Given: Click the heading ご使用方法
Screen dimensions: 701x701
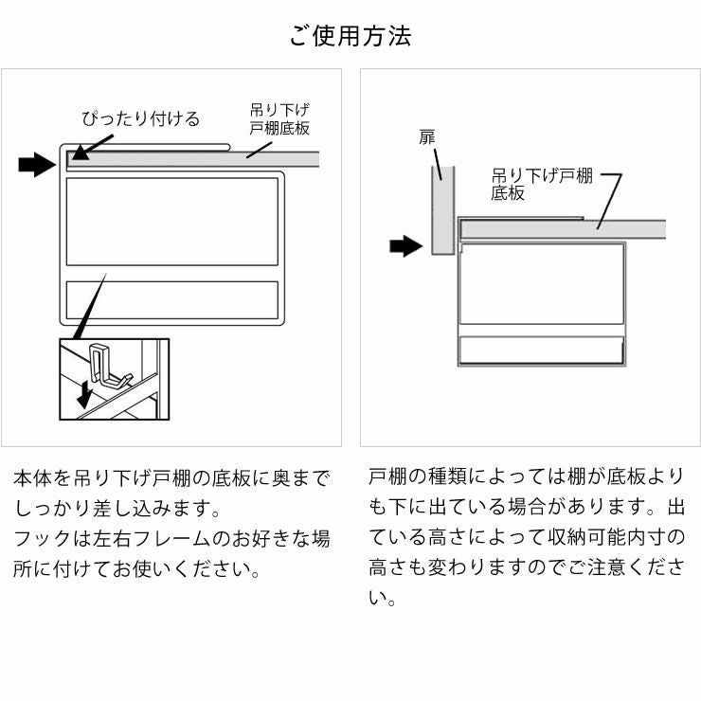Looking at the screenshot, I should tap(350, 37).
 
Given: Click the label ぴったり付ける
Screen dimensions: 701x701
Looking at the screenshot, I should tap(141, 118).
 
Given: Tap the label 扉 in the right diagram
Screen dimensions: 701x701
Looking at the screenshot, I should tap(427, 138).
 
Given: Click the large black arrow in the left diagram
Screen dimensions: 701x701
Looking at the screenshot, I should tap(37, 166).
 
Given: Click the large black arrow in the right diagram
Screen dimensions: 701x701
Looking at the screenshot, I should tap(405, 247).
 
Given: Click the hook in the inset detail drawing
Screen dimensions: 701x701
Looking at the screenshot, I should tap(105, 369).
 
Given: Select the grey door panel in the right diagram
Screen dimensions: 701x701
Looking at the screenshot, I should tap(441, 210).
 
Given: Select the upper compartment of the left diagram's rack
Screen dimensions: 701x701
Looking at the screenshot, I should tap(171, 221).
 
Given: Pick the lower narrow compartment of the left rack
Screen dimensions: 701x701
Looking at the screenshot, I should tap(171, 299).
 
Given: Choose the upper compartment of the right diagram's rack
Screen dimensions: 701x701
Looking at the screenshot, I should tap(541, 284).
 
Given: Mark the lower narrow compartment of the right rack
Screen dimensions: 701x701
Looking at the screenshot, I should tap(541, 350).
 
